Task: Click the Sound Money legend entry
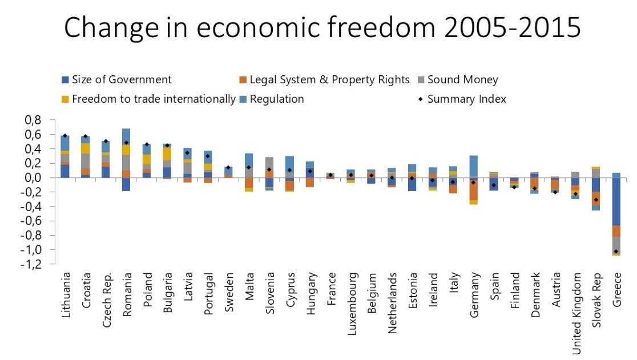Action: (462, 80)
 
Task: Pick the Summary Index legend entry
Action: (466, 99)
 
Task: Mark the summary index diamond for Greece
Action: (616, 252)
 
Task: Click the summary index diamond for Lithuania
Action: (65, 136)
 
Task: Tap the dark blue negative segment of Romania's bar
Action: (126, 184)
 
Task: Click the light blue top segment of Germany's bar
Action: (473, 166)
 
